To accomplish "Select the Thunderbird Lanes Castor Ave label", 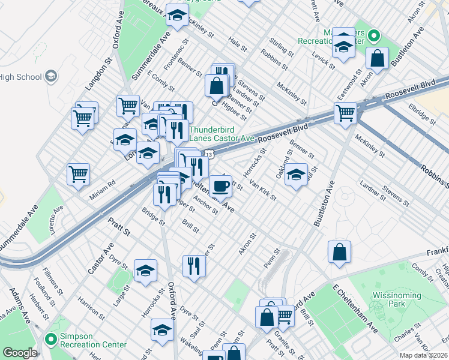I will (221, 134).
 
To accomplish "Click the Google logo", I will (20, 353).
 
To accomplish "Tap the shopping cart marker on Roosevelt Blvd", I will (346, 113).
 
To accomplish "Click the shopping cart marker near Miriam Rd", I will (78, 175).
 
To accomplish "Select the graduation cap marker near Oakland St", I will (295, 175).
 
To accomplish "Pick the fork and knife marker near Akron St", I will (193, 266).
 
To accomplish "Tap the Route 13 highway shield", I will (208, 155).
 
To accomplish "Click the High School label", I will (21, 77).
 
